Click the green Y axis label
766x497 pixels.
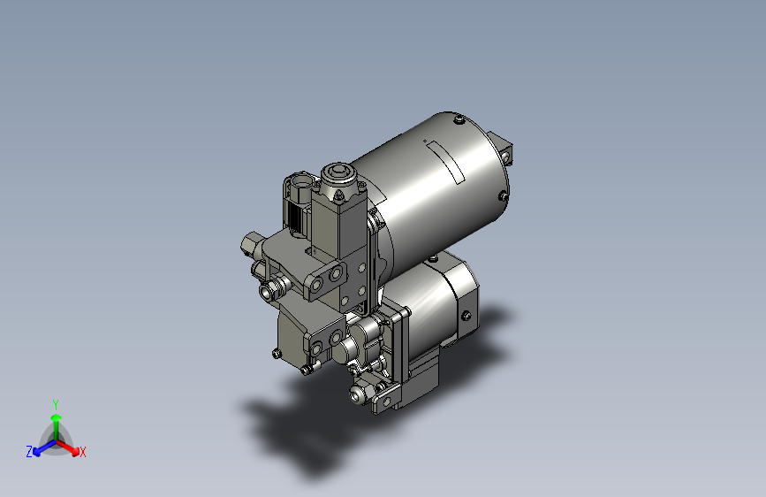tap(56, 404)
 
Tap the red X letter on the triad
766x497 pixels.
tap(83, 452)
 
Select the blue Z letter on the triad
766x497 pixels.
tap(29, 452)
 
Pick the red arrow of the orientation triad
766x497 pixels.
tap(68, 447)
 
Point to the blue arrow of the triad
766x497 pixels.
tap(44, 447)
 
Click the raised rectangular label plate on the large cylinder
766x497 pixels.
tap(444, 163)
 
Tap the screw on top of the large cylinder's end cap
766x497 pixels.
tap(459, 119)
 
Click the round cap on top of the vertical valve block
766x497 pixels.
tap(339, 173)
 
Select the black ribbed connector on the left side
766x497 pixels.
tap(295, 218)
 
